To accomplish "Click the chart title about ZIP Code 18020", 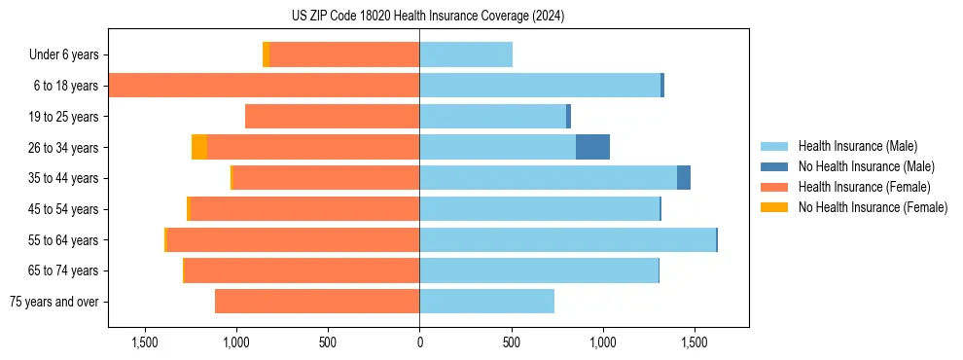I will pos(428,16).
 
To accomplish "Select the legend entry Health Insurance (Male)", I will pos(857,146).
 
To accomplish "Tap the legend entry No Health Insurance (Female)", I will pos(873,207).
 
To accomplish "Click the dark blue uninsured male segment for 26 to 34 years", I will pos(592,147).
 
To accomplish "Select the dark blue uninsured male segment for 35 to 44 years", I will pos(684,178).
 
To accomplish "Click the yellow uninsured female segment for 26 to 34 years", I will pos(199,147).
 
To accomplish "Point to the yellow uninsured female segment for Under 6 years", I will pos(267,54).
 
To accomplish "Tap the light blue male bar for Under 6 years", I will pos(466,54).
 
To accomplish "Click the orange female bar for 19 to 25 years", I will pos(332,117).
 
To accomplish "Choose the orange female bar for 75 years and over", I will pos(317,302).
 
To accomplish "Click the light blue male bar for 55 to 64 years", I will pos(567,239).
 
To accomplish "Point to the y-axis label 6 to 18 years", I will pos(64,86).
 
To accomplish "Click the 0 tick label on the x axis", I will pos(419,343).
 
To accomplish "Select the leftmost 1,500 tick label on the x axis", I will pos(145,343).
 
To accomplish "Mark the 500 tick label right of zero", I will pos(511,343).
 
